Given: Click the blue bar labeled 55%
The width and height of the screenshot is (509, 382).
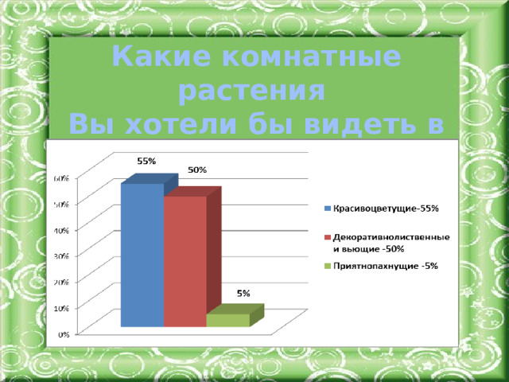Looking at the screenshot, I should (142, 255).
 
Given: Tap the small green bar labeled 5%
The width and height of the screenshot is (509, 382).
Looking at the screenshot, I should (227, 320).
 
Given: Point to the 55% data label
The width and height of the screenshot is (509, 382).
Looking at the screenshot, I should (146, 162).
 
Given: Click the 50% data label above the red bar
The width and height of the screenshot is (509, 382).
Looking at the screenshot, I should (197, 170).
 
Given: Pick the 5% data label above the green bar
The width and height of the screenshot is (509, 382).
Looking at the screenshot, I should (244, 294).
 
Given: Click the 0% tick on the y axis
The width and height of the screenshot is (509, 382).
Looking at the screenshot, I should (61, 333).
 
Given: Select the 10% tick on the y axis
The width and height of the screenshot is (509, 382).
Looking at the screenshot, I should (60, 308).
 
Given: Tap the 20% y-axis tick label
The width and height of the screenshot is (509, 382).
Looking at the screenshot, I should (60, 282).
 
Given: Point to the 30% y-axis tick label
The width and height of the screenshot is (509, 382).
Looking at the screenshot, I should (60, 256).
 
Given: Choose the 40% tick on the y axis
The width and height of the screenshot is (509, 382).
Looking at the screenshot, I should (60, 230).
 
